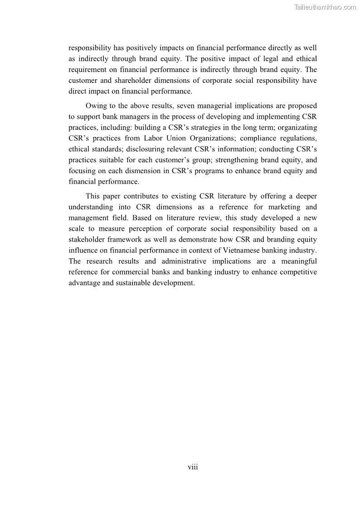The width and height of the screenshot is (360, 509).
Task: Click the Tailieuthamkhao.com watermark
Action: point(325,7)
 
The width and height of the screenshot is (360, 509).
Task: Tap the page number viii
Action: point(193,467)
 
